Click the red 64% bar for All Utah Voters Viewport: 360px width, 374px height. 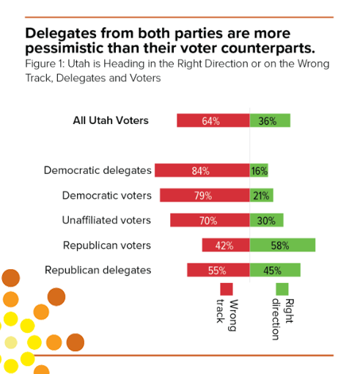pyautogui.click(x=213, y=121)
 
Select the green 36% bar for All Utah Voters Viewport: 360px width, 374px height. pyautogui.click(x=270, y=121)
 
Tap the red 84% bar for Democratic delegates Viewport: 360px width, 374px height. pyautogui.click(x=202, y=171)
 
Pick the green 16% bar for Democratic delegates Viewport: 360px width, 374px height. pyautogui.click(x=259, y=171)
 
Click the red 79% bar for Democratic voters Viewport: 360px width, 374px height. pyautogui.click(x=205, y=196)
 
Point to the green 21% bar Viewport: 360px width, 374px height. pyautogui.click(x=261, y=196)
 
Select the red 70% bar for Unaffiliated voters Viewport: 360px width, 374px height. pyautogui.click(x=210, y=220)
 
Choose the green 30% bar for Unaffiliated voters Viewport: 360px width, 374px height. pyautogui.click(x=266, y=220)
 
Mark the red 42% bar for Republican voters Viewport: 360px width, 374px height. pyautogui.click(x=226, y=245)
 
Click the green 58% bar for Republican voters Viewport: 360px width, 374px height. pyautogui.click(x=282, y=245)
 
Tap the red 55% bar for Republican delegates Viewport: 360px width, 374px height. pyautogui.click(x=218, y=270)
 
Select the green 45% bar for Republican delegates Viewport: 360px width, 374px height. pyautogui.click(x=275, y=270)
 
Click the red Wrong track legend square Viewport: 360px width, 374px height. pyautogui.click(x=227, y=289)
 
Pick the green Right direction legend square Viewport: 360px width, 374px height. pyautogui.click(x=282, y=289)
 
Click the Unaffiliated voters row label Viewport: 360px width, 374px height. pyautogui.click(x=107, y=220)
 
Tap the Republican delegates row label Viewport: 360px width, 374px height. pyautogui.click(x=98, y=270)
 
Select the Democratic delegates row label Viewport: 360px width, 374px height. pyautogui.click(x=98, y=171)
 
